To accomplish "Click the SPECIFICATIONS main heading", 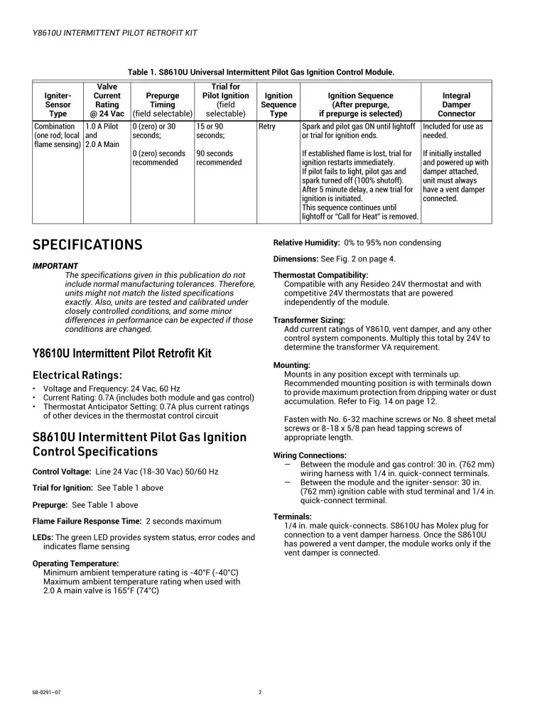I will point(87,245).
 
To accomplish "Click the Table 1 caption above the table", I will point(261,72).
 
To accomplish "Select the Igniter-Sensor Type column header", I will point(58,104).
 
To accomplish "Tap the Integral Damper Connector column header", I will point(456,104).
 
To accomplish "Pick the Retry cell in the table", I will point(267,126).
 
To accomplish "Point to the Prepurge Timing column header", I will point(163,104).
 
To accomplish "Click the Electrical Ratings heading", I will point(77,375).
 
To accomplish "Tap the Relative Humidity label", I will point(306,243).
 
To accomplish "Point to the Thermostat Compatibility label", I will point(320,275).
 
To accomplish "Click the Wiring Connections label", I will point(310,455).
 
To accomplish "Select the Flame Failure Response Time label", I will point(87,521).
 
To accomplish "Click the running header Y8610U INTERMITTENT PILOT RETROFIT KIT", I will point(115,33).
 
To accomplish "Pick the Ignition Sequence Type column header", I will point(278,104).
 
